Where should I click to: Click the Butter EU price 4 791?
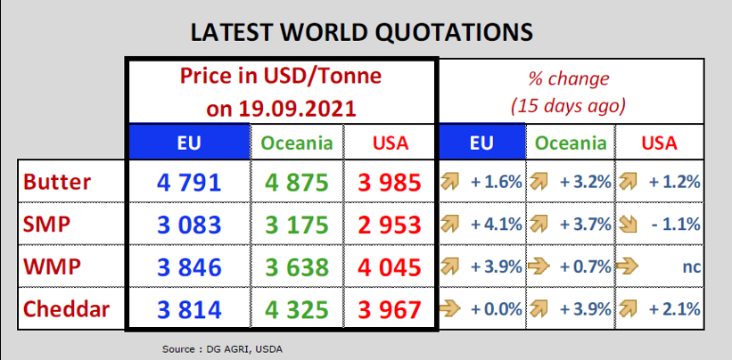click(x=189, y=183)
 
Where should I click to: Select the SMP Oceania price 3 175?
click(x=298, y=225)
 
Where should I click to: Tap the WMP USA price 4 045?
click(x=390, y=267)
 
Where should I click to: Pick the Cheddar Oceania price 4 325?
click(x=298, y=309)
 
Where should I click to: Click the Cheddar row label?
click(x=66, y=308)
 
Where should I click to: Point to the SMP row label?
click(x=46, y=225)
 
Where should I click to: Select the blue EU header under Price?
click(x=189, y=143)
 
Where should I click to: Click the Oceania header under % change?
click(x=571, y=143)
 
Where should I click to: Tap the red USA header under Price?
click(x=391, y=143)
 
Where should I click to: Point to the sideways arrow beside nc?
click(x=627, y=267)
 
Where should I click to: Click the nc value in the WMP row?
click(x=691, y=267)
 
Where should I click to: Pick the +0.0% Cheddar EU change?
click(x=496, y=309)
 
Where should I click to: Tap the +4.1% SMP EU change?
click(x=496, y=225)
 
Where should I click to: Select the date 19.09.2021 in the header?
click(x=298, y=109)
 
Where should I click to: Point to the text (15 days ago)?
click(x=568, y=107)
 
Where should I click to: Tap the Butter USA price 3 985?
click(x=390, y=183)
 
